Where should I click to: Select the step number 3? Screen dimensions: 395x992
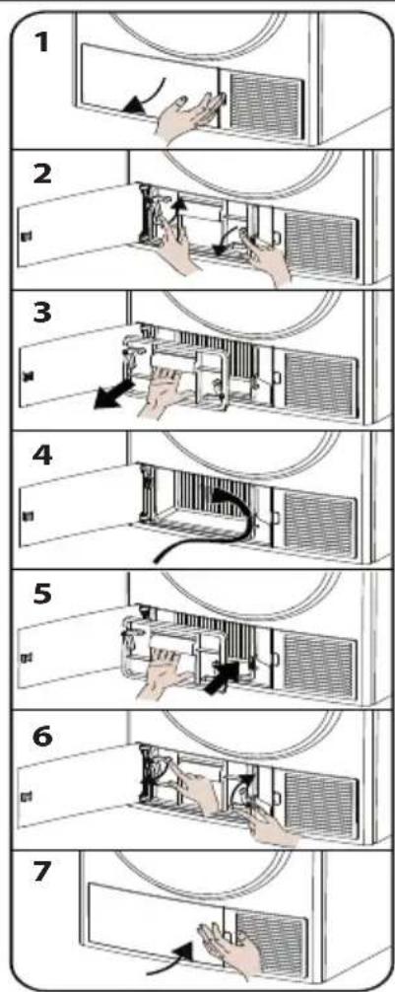(x=42, y=314)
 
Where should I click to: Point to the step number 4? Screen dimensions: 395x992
(x=43, y=456)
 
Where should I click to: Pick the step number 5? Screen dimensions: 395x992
(x=42, y=596)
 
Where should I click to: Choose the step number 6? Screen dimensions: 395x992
(x=42, y=736)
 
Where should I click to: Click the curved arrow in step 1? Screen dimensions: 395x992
(x=149, y=97)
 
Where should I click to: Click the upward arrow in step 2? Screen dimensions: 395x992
(x=180, y=218)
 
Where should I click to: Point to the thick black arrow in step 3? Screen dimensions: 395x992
(x=113, y=394)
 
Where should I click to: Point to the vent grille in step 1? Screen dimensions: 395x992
(x=264, y=102)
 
